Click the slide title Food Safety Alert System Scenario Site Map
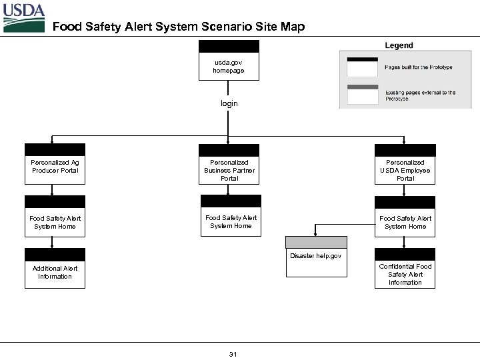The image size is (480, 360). click(178, 27)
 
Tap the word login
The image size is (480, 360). click(229, 104)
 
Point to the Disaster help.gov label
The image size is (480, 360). click(316, 256)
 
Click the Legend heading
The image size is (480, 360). click(399, 45)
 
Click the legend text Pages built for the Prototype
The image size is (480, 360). click(418, 67)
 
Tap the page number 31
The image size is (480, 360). click(233, 353)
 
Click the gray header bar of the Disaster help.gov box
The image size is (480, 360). click(316, 242)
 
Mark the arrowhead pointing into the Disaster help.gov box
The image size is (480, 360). click(316, 233)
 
